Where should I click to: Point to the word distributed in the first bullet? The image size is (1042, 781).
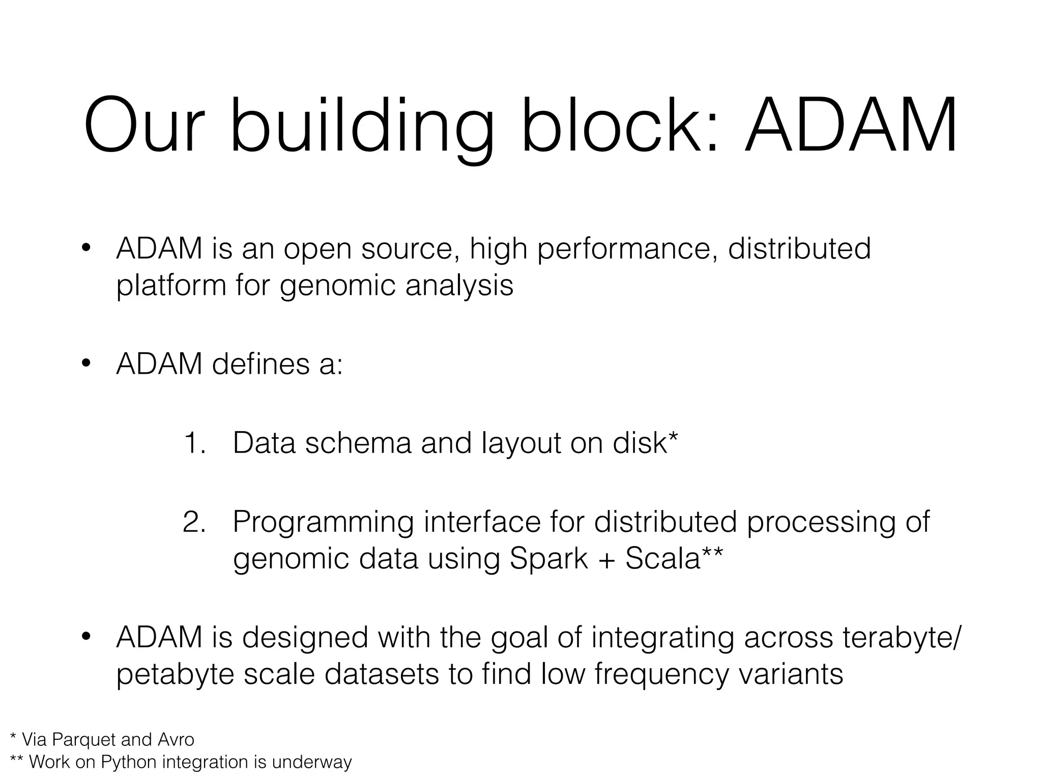(x=799, y=249)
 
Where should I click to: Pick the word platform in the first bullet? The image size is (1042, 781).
(x=171, y=286)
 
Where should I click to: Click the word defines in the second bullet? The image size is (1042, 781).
(x=260, y=364)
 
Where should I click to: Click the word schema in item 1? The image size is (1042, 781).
(x=358, y=443)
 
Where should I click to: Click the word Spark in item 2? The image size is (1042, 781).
(x=548, y=559)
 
